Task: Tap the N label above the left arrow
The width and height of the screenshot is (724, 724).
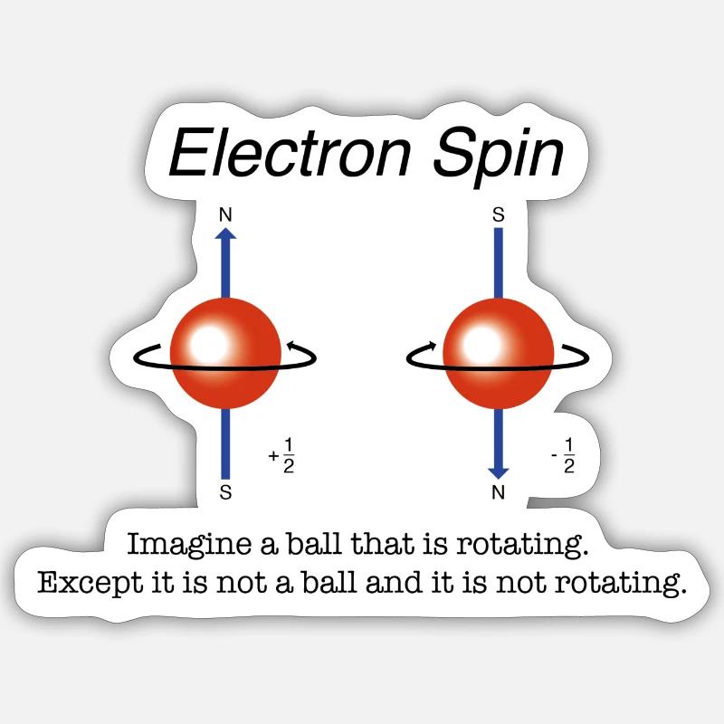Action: click(226, 215)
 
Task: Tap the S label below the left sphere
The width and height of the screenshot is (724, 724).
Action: click(226, 493)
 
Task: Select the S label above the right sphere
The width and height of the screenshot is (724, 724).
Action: click(498, 215)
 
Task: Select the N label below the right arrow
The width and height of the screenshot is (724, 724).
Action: click(498, 493)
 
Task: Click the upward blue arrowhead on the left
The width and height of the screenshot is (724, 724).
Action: click(226, 233)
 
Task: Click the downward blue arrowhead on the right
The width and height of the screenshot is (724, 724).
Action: click(498, 472)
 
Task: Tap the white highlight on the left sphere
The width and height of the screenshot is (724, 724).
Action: click(211, 343)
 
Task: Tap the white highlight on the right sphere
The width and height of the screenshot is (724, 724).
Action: click(482, 343)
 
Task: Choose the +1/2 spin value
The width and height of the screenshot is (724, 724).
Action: click(283, 455)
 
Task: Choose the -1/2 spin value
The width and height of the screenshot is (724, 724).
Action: click(564, 455)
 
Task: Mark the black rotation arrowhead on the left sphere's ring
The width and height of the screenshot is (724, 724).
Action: click(290, 345)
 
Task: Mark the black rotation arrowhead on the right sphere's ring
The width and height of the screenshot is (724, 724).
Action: click(433, 345)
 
